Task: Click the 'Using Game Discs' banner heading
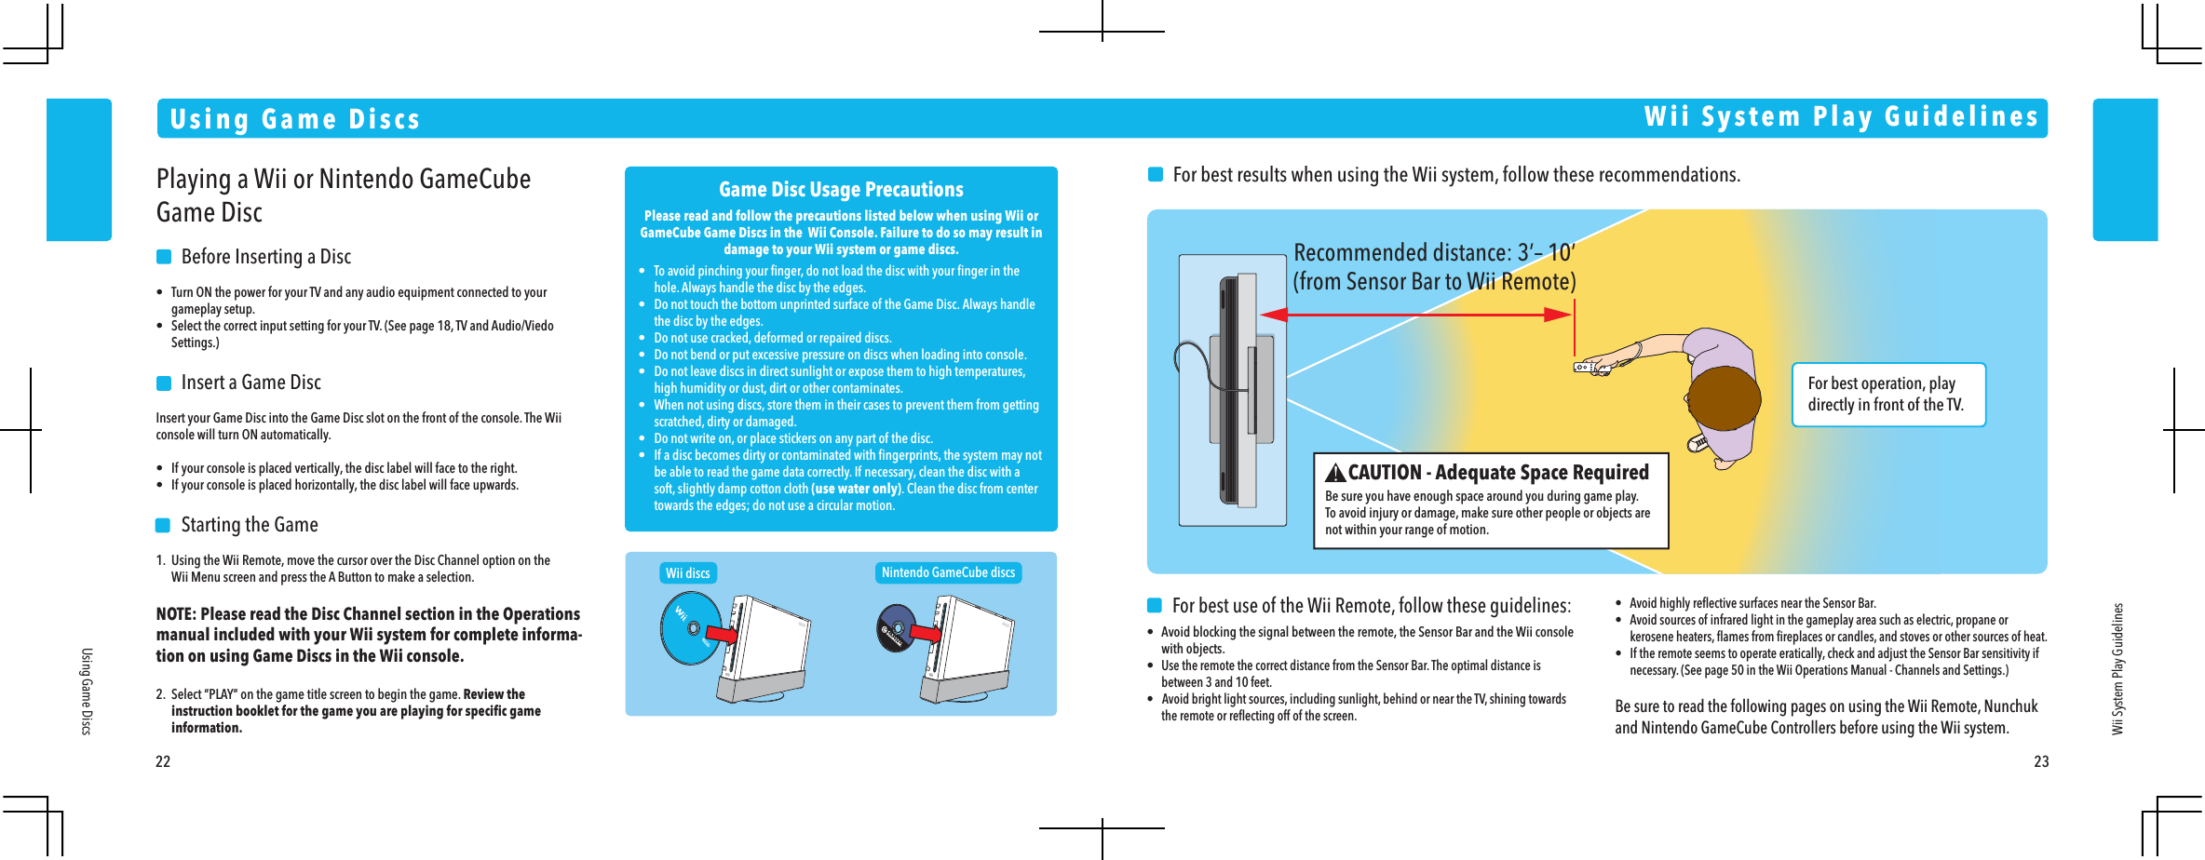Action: [294, 119]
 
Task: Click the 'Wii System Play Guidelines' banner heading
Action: [1840, 117]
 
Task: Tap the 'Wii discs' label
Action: [687, 573]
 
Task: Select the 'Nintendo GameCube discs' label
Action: [948, 572]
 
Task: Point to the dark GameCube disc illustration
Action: [896, 628]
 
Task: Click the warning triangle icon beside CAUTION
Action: [1335, 473]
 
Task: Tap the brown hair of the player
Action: [1723, 400]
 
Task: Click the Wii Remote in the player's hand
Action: [1590, 368]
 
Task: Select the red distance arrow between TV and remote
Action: [1415, 315]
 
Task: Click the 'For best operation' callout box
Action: [1887, 395]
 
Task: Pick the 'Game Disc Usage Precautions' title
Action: [841, 190]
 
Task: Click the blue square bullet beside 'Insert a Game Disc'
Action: [164, 383]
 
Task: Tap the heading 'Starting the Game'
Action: [249, 525]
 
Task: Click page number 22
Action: [163, 761]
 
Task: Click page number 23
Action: [2041, 761]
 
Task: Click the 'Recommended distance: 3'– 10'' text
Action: [1433, 253]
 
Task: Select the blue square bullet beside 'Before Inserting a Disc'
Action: [164, 257]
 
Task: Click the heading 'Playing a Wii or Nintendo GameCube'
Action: [343, 179]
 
